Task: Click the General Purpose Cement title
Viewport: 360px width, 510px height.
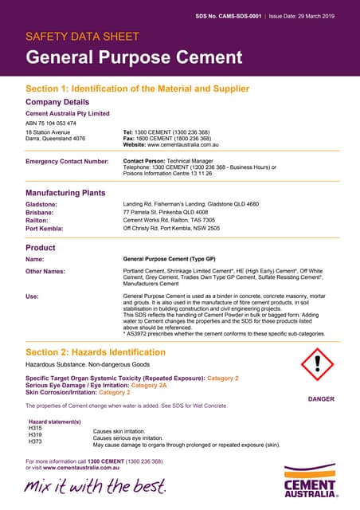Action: click(x=134, y=57)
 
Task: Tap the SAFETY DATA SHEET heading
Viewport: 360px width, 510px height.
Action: click(x=83, y=37)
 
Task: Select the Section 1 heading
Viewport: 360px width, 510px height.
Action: click(x=137, y=88)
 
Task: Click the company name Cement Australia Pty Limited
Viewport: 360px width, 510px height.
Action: click(x=68, y=114)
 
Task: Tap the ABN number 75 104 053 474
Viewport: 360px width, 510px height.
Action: click(x=51, y=124)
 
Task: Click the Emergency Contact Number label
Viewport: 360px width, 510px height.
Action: click(x=67, y=161)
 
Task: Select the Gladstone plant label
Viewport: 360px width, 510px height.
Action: click(x=41, y=204)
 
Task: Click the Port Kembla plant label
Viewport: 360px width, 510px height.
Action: click(x=47, y=228)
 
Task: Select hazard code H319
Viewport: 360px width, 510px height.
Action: click(x=35, y=437)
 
